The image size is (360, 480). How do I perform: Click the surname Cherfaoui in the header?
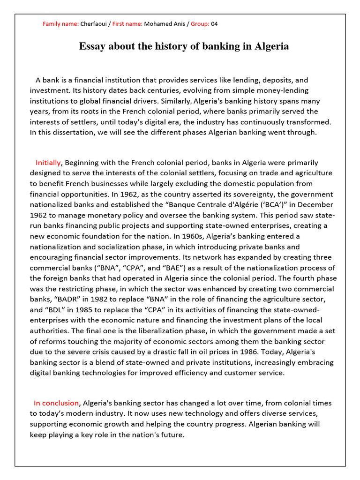click(95, 24)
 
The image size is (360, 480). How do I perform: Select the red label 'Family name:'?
click(60, 24)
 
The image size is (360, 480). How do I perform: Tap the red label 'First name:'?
click(127, 24)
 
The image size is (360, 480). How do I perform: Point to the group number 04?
click(214, 24)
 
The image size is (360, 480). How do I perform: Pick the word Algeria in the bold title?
click(270, 46)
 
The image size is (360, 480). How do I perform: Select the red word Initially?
click(48, 163)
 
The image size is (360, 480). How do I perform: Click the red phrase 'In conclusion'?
click(56, 403)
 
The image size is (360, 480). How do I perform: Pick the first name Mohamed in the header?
click(159, 24)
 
